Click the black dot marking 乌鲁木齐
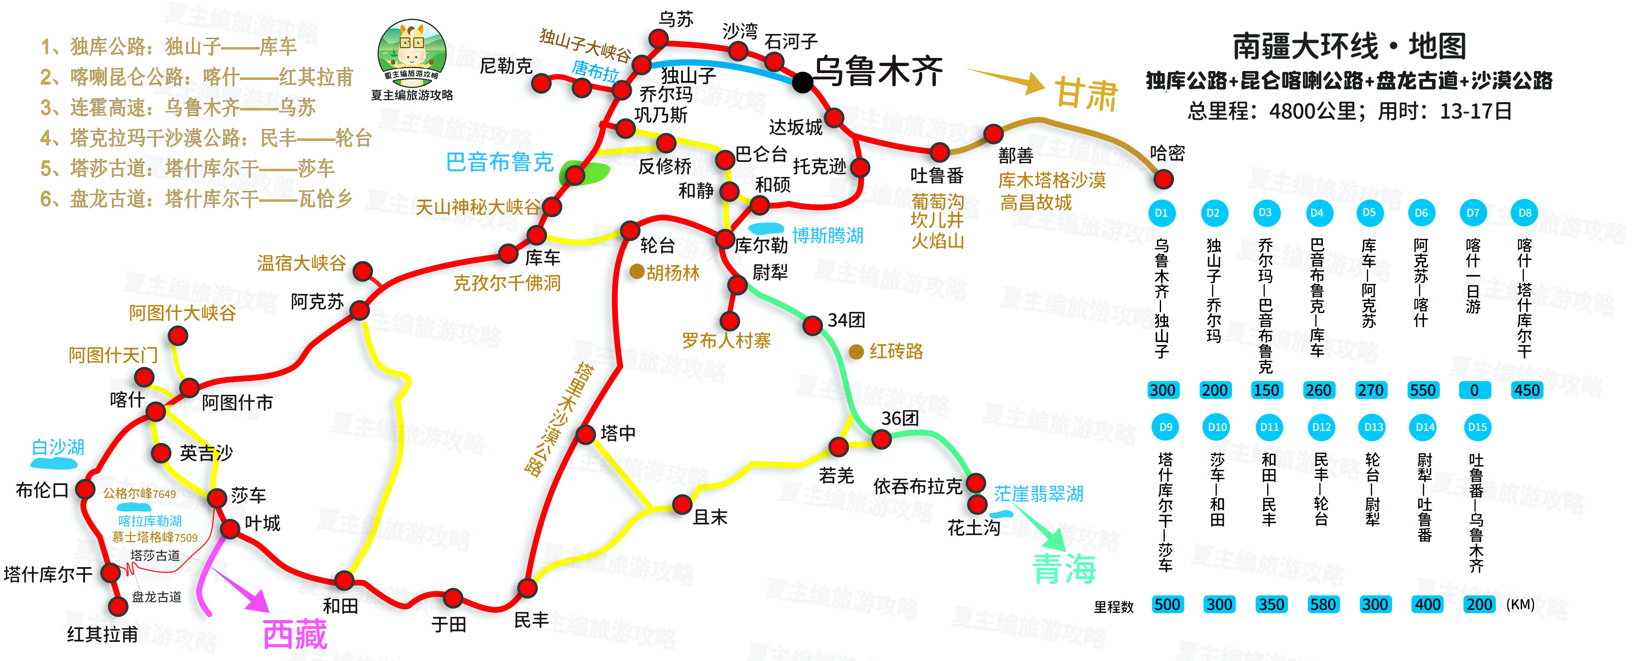[802, 82]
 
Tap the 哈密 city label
[1167, 153]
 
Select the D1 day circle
[1161, 213]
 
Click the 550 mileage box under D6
[1422, 390]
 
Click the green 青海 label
[1064, 568]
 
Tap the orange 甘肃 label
[1086, 94]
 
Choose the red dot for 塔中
[585, 435]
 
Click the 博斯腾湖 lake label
[828, 236]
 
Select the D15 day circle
[1477, 427]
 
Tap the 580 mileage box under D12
[1322, 605]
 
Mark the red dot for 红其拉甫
[117, 606]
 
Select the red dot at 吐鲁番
[939, 152]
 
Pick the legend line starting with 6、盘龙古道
[196, 199]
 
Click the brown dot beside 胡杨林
[636, 272]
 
